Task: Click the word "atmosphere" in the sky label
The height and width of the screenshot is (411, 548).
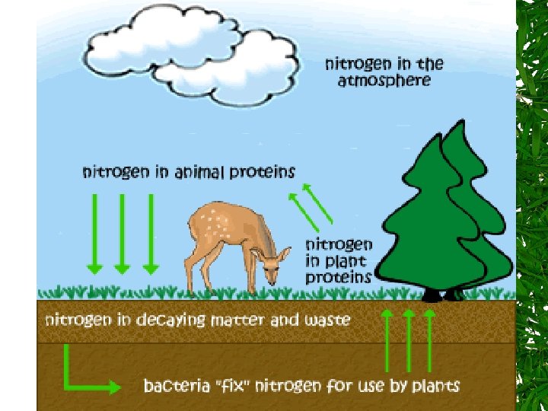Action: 384,80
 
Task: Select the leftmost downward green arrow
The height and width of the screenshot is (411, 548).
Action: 94,232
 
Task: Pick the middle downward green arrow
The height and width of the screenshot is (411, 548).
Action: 122,232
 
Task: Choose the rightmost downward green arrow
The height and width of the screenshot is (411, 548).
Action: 151,232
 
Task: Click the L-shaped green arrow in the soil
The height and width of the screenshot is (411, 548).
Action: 84,377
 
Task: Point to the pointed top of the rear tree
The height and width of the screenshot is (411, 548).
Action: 457,124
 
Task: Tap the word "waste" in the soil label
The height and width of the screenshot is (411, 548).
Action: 327,320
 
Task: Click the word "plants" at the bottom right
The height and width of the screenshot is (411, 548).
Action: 435,385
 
